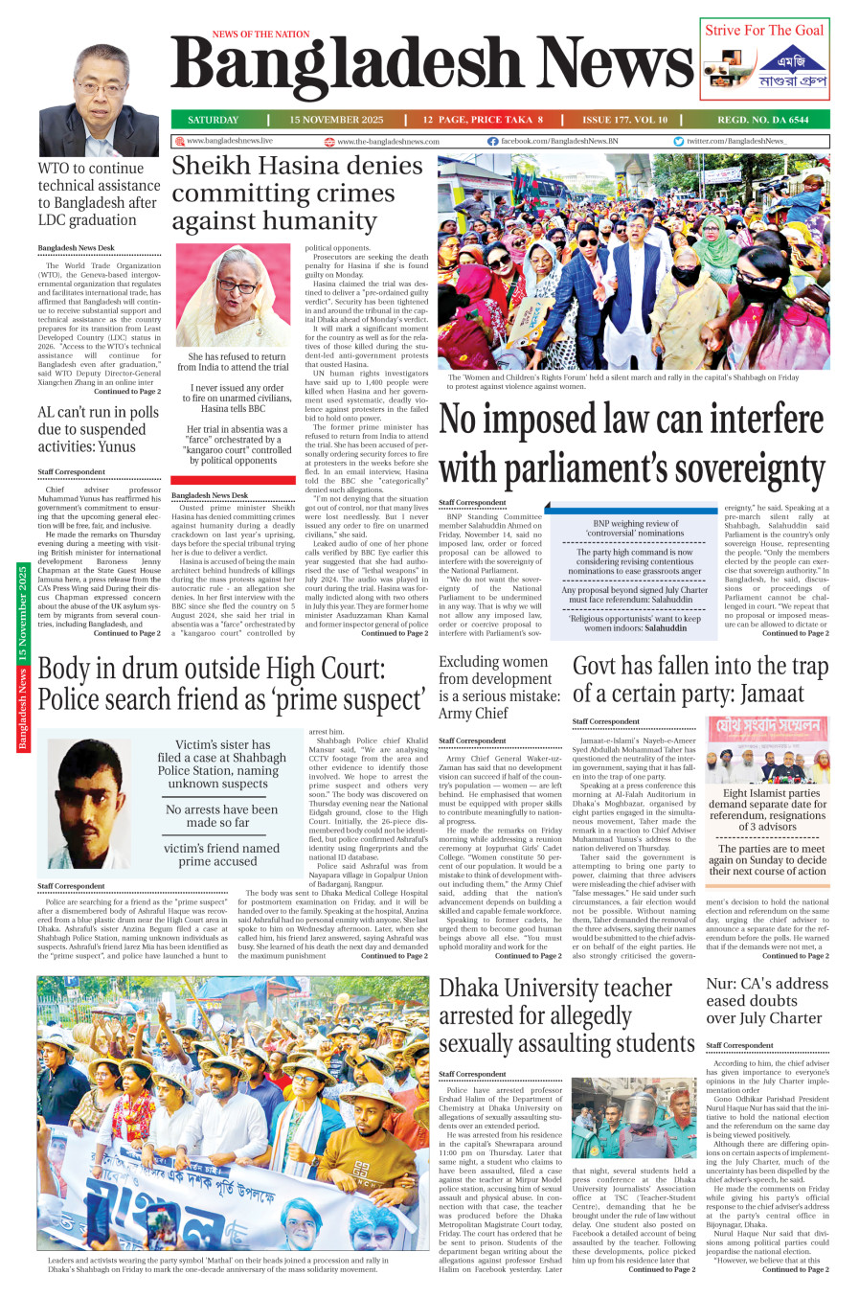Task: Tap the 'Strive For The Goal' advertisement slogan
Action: click(x=764, y=30)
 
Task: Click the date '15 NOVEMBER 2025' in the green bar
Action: click(x=336, y=120)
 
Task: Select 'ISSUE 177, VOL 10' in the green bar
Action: click(x=624, y=120)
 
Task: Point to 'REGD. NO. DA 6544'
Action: click(x=763, y=120)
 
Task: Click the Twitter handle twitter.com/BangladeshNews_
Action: click(x=735, y=141)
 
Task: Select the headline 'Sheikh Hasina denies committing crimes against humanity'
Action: click(x=297, y=194)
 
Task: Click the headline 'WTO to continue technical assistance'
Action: click(x=99, y=194)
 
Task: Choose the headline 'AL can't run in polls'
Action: click(x=99, y=429)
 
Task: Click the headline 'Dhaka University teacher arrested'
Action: click(x=566, y=1015)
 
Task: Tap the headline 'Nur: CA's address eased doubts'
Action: click(x=767, y=1001)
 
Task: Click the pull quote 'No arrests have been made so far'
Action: click(x=221, y=815)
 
